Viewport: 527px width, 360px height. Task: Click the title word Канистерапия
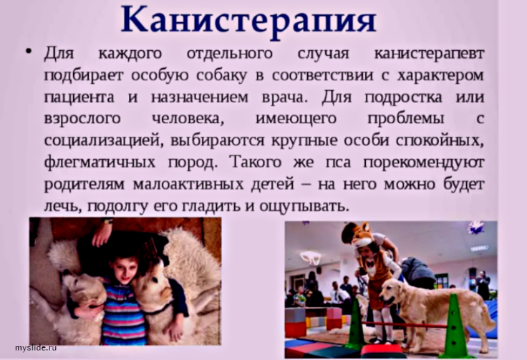click(x=249, y=21)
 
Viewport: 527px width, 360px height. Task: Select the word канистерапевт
click(x=428, y=53)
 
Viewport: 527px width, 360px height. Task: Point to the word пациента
click(x=79, y=98)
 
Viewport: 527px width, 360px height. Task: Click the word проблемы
click(x=405, y=119)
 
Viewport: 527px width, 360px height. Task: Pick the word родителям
click(x=84, y=185)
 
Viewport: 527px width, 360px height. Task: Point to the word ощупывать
click(x=304, y=206)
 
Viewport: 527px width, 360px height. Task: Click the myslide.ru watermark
click(x=36, y=348)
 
